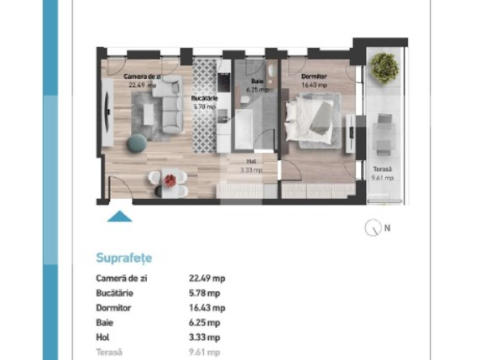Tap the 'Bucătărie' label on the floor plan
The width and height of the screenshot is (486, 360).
pyautogui.click(x=205, y=98)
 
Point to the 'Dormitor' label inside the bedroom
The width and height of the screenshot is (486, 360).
pyautogui.click(x=313, y=76)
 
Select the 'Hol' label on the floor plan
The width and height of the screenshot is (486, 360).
pyautogui.click(x=250, y=161)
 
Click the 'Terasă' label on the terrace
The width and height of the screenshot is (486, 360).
pyautogui.click(x=382, y=170)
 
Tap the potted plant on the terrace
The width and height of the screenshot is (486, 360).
pyautogui.click(x=384, y=65)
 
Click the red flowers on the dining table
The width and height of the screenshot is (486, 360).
pyautogui.click(x=170, y=179)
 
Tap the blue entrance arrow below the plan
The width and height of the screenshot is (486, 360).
pyautogui.click(x=121, y=217)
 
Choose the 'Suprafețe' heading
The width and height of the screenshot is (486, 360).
pyautogui.click(x=125, y=258)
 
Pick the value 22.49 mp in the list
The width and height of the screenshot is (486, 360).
pyautogui.click(x=206, y=279)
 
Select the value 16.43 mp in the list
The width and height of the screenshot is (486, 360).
pyautogui.click(x=206, y=308)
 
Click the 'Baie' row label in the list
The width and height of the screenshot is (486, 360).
pyautogui.click(x=106, y=322)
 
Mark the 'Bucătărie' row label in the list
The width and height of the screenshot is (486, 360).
pyautogui.click(x=116, y=293)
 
